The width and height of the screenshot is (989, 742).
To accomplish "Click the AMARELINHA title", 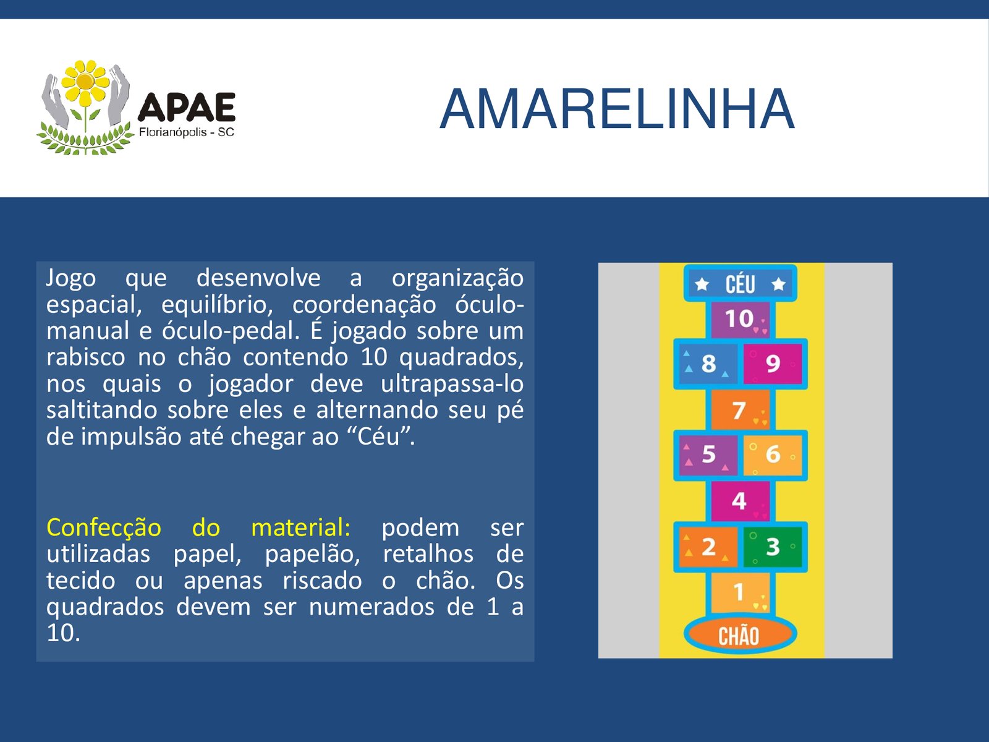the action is tap(617, 109).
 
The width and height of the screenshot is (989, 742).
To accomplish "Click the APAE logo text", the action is tap(187, 107).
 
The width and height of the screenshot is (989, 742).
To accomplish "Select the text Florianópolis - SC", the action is tap(187, 132).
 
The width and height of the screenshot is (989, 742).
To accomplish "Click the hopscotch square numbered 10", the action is tap(741, 320).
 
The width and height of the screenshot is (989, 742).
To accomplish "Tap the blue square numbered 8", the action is tap(708, 364).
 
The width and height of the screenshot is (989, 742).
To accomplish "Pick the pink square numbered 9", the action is tap(773, 364).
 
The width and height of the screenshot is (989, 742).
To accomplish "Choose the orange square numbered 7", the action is tap(741, 410).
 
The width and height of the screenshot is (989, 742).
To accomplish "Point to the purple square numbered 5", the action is tap(708, 455).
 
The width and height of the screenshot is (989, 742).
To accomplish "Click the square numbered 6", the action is tap(773, 455).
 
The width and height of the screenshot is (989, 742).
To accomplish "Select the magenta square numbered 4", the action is tap(741, 501).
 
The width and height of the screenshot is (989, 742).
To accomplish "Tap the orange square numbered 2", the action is tap(708, 547).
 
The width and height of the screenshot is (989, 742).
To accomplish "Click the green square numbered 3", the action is tap(773, 547).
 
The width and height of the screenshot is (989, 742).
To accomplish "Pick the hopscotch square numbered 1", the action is tap(741, 592).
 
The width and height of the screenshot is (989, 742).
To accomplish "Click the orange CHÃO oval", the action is tap(740, 635).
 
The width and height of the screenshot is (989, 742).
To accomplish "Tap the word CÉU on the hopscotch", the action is tap(740, 284).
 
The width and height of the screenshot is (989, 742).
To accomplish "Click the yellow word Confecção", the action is tap(104, 527).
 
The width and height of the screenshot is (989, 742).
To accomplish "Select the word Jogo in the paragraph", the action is tap(70, 279).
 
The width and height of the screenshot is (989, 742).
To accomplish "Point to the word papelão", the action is tap(312, 555).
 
